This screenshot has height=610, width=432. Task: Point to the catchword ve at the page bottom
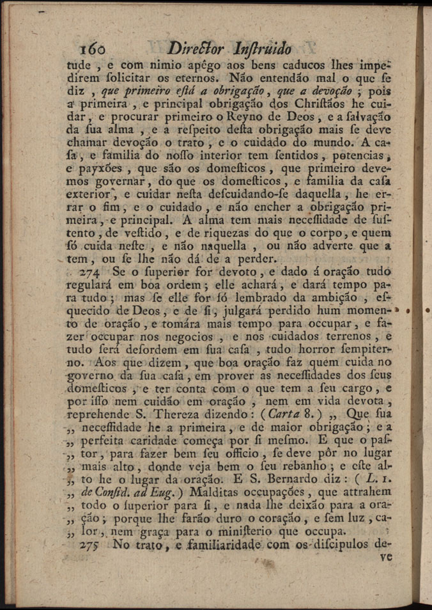[x=385, y=556]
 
